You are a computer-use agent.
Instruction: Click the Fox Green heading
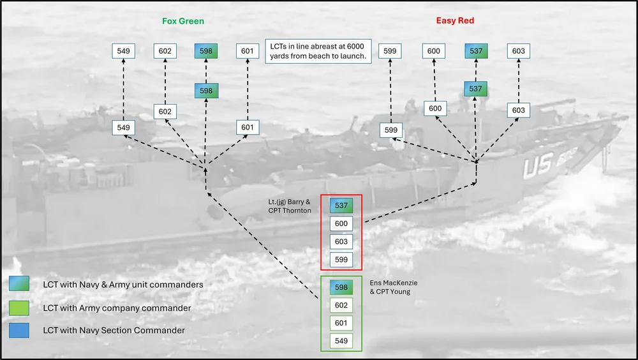183,21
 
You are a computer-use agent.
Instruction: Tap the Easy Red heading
455,21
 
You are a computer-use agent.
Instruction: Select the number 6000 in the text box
355,47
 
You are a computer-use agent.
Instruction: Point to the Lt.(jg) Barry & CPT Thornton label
289,206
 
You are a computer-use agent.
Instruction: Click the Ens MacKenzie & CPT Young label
394,287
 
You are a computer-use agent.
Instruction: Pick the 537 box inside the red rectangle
341,206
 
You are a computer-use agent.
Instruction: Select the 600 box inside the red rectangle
341,223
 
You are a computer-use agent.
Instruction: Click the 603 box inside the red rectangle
341,241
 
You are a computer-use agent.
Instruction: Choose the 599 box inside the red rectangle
341,259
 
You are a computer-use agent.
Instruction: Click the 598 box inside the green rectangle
341,287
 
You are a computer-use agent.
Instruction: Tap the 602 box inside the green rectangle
341,305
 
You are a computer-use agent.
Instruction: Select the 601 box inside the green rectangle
341,323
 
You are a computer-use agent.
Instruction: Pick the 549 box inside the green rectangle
341,341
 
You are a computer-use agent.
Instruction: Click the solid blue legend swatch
19,330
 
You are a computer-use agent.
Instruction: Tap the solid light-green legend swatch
19,308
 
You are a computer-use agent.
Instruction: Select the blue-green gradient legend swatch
19,283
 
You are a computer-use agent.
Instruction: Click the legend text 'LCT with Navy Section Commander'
114,330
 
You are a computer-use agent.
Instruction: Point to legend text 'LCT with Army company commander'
117,308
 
